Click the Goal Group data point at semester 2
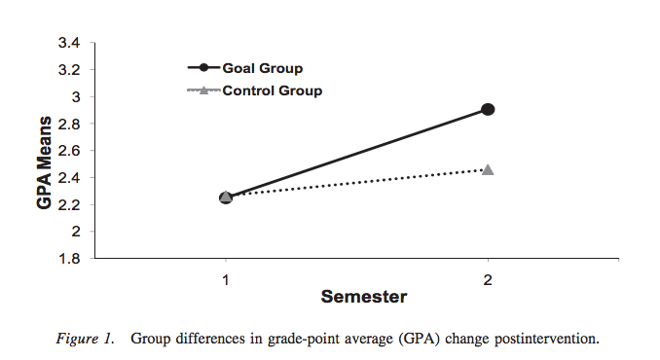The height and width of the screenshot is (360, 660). pyautogui.click(x=488, y=109)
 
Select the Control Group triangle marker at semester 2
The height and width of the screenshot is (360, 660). pyautogui.click(x=488, y=169)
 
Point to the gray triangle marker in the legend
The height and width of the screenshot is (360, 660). pyautogui.click(x=204, y=90)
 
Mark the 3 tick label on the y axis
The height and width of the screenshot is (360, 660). pyautogui.click(x=75, y=97)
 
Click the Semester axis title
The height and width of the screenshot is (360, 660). pyautogui.click(x=357, y=296)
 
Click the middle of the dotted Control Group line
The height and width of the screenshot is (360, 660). pyautogui.click(x=357, y=183)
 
